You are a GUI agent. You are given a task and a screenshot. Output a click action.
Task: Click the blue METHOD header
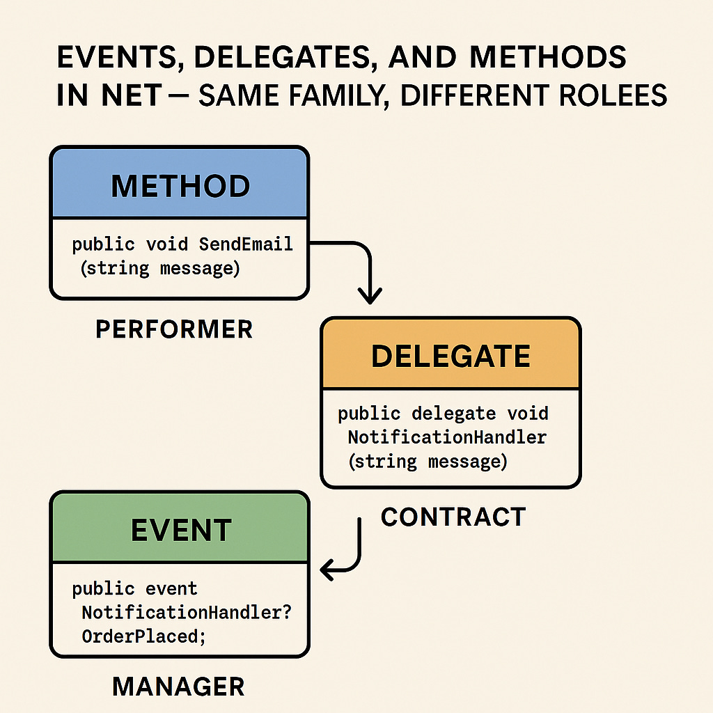click(x=179, y=186)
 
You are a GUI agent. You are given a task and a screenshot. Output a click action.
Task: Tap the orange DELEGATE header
click(x=450, y=356)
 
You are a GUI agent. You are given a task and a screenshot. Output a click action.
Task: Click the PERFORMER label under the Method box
click(x=173, y=329)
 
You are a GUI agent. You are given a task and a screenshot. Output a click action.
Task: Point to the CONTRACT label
click(x=453, y=517)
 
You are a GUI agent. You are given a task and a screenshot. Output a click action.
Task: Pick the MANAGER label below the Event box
click(x=178, y=687)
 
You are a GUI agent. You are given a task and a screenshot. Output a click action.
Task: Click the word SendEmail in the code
click(x=245, y=244)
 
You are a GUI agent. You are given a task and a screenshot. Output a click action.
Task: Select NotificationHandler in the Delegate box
click(x=447, y=437)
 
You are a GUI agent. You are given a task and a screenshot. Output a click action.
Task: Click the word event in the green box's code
click(x=171, y=589)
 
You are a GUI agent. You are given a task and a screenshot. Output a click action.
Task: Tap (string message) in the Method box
click(x=159, y=268)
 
